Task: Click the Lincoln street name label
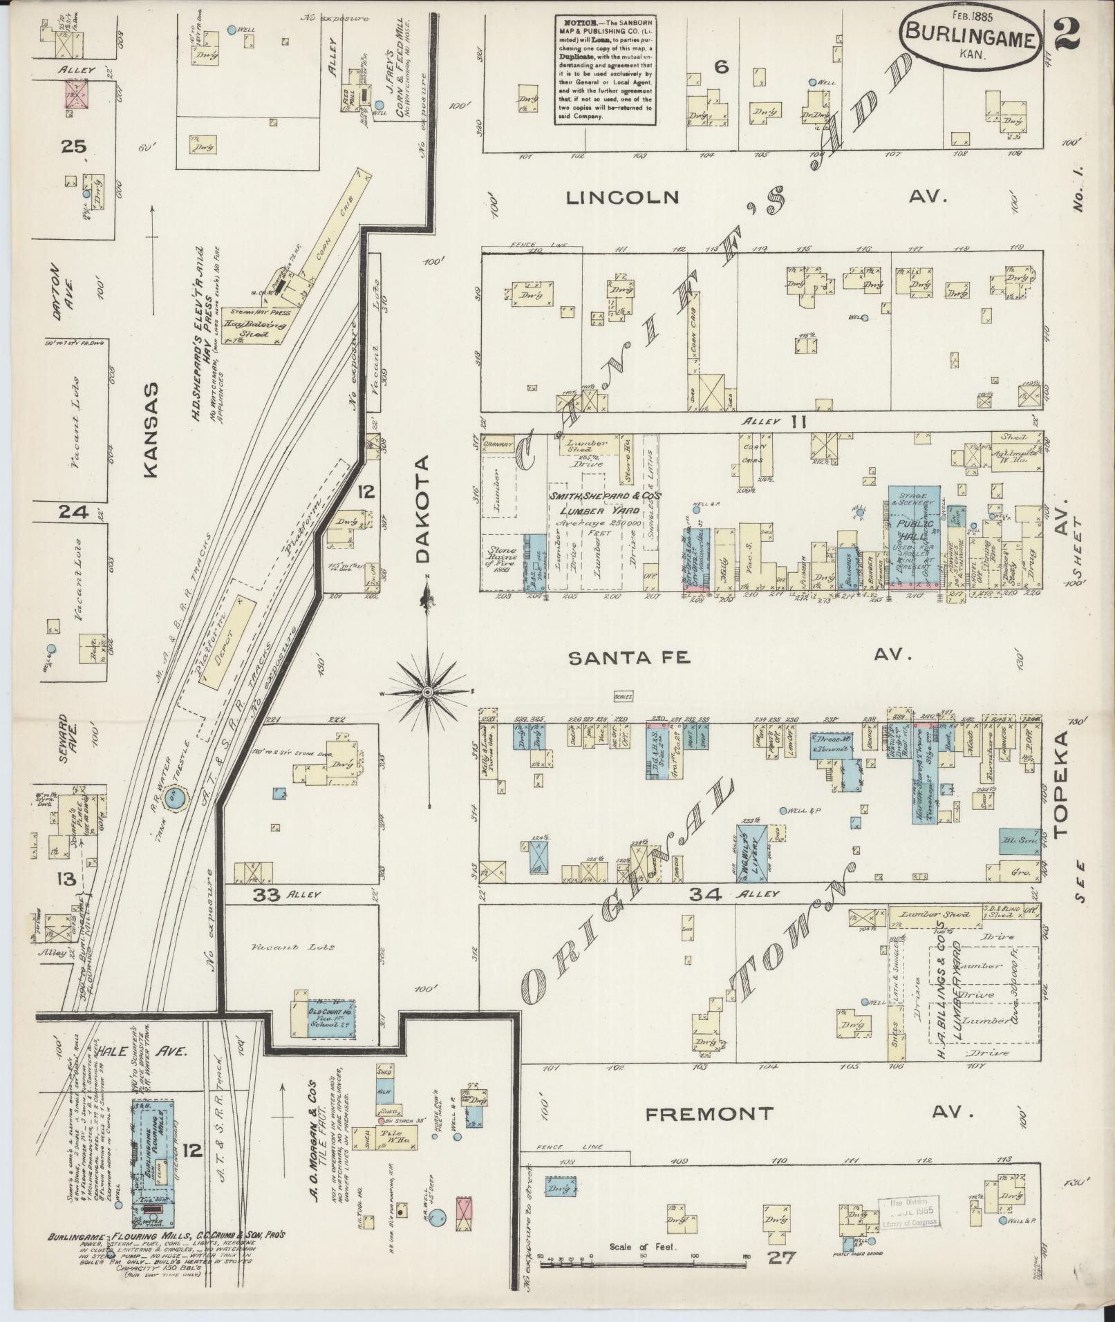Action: tap(623, 198)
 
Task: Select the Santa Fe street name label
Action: tap(629, 658)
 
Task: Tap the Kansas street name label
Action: tap(150, 429)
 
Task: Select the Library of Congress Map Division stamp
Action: tap(909, 1211)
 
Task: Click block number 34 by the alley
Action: tap(705, 894)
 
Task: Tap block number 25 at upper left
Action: tap(73, 146)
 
